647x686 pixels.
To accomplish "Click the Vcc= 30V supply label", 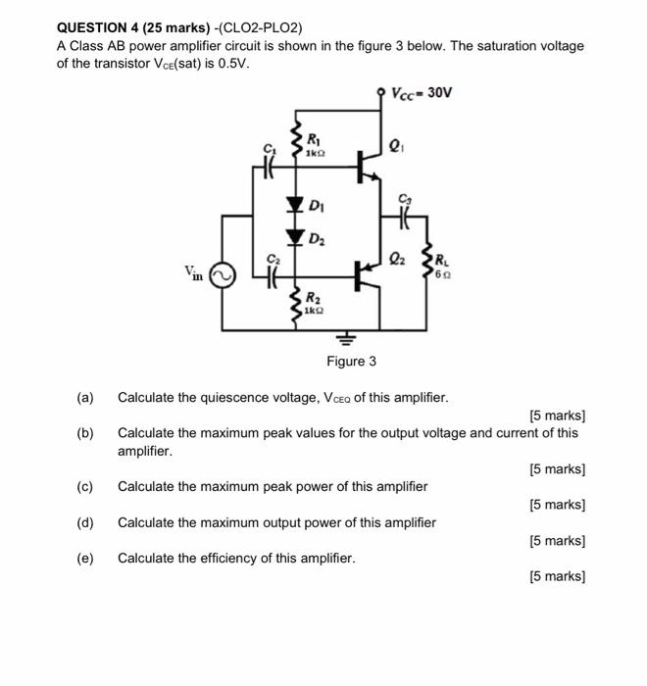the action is (x=422, y=94).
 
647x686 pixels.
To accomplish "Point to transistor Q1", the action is (x=367, y=165).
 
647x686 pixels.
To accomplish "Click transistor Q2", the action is (x=369, y=275).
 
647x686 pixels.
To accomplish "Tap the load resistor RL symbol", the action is (x=426, y=264).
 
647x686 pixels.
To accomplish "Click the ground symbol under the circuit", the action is (x=345, y=342).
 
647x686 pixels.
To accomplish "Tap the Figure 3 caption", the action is (x=351, y=362).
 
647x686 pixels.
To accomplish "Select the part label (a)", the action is (x=85, y=397).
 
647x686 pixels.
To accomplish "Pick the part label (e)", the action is (x=85, y=558).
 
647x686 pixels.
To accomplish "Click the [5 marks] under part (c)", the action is (x=556, y=505).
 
